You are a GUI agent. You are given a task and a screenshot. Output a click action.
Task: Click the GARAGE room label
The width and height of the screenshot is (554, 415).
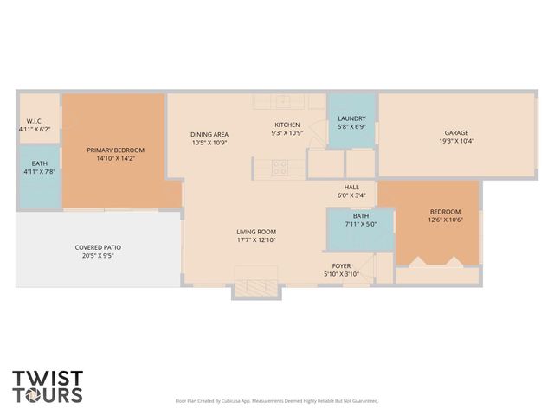[x=456, y=132]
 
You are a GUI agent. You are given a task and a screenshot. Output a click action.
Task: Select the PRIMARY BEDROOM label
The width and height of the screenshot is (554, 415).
[x=115, y=150]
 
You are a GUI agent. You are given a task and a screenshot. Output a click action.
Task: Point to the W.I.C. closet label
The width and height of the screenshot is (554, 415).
[x=35, y=121]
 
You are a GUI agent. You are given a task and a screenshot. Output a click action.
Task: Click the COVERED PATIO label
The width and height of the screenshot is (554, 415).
[x=97, y=248]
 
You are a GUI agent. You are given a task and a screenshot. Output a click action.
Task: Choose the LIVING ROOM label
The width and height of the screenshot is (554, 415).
[x=256, y=231]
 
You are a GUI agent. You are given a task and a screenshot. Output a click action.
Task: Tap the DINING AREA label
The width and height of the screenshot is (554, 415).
[x=209, y=134]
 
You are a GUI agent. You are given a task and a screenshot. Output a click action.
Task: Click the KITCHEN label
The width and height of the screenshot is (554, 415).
[x=287, y=124]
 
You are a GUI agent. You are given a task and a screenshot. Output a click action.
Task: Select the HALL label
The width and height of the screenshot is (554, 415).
[x=351, y=187]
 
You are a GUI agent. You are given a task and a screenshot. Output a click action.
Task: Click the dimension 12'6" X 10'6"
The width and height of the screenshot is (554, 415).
[x=445, y=220]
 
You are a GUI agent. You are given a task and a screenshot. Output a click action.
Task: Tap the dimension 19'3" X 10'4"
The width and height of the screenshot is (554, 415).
[x=456, y=141]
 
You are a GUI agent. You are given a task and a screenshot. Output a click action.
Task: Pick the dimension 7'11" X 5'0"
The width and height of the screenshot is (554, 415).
[x=360, y=224]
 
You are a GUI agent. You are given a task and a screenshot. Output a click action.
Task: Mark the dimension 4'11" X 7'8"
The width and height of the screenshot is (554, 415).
[x=40, y=171]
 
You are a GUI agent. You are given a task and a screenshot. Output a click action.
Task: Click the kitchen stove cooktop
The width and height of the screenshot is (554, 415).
[x=280, y=168]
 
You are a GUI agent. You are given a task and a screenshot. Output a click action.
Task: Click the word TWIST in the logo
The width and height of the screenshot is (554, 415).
[x=48, y=378]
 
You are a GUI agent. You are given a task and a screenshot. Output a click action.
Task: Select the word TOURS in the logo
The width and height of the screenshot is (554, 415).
[x=48, y=395]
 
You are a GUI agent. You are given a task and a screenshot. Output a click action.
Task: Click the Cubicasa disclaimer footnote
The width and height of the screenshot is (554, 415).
[x=276, y=400]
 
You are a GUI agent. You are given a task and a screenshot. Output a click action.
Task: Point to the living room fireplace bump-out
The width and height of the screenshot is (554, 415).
[x=256, y=289]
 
